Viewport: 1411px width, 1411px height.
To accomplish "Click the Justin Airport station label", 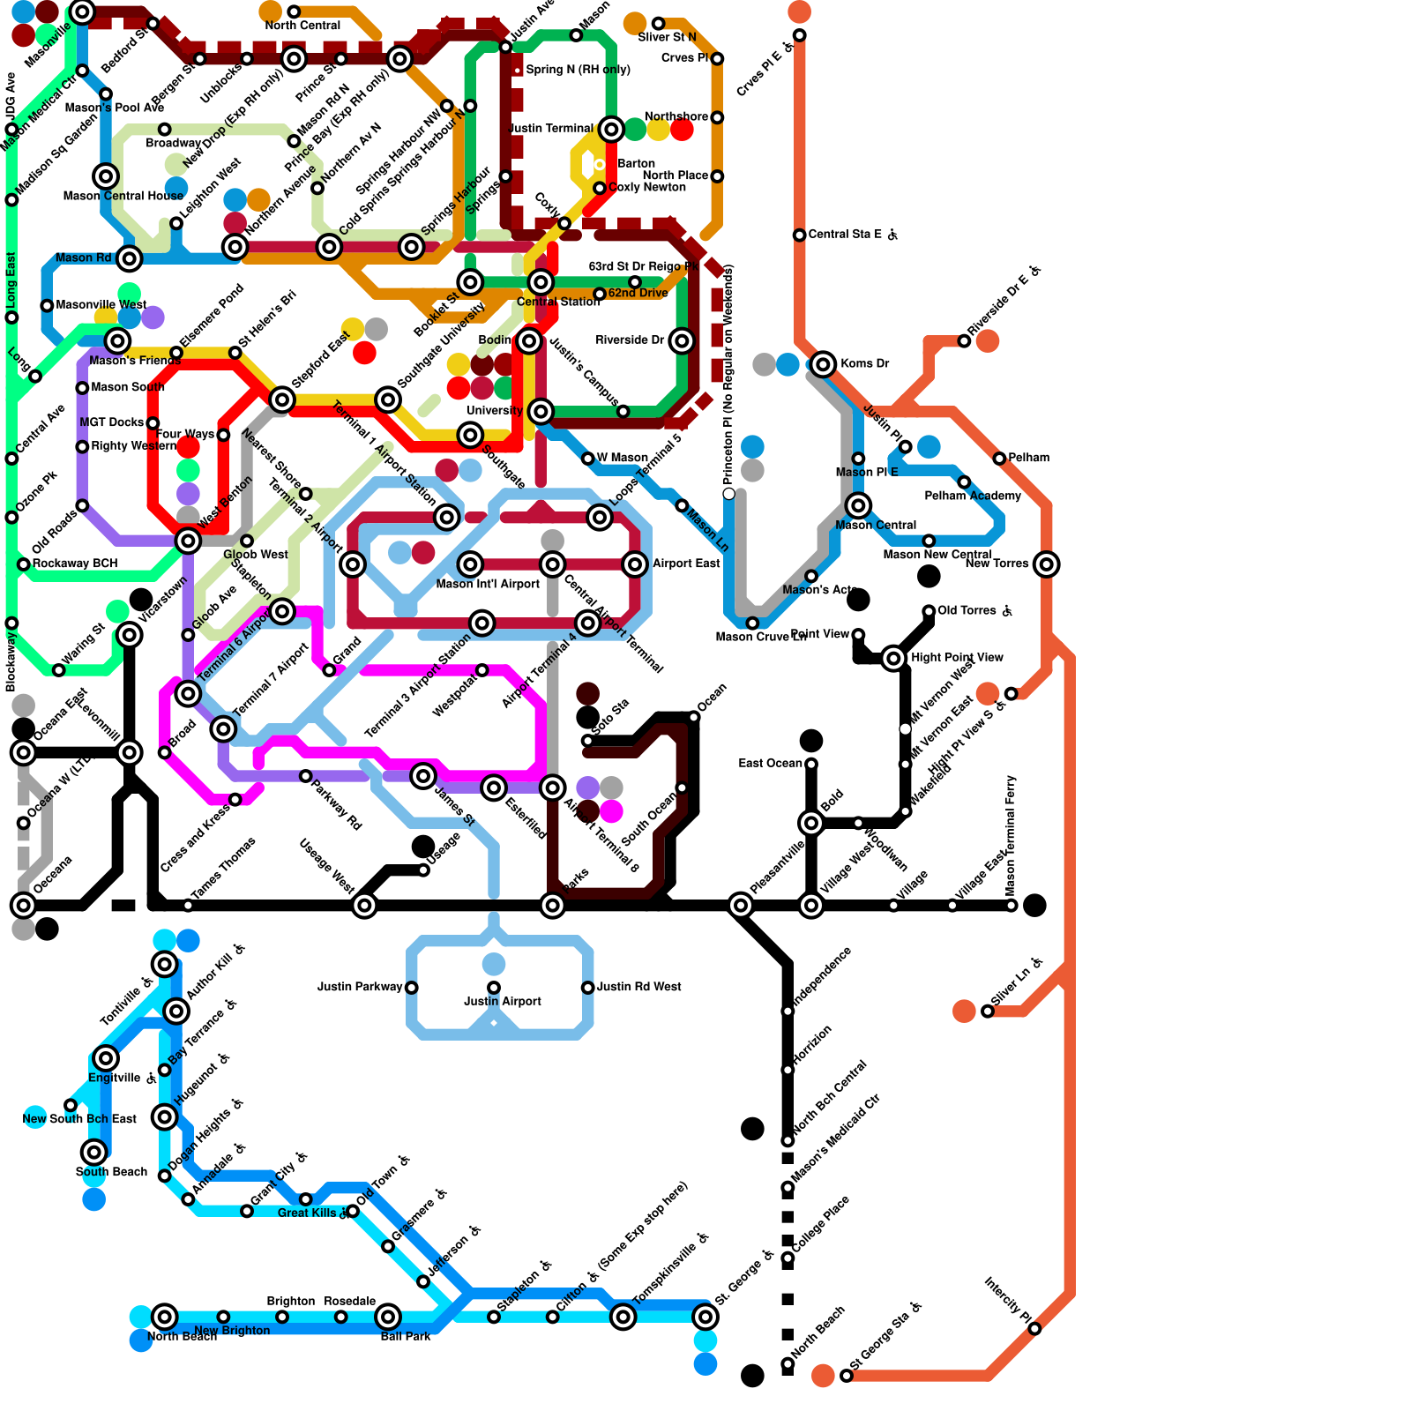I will click(x=503, y=1001).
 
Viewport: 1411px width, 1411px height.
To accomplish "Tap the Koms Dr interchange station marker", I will click(x=823, y=364).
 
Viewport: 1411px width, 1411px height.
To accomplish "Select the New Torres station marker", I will click(x=1046, y=564).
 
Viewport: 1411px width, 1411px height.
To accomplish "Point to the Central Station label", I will click(x=558, y=302).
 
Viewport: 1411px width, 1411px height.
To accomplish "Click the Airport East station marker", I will click(x=635, y=564).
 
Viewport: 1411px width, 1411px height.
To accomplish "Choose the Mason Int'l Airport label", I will click(x=488, y=584).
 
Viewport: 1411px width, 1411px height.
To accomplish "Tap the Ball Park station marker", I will click(x=388, y=1317).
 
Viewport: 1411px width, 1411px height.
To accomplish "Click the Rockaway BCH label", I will click(x=74, y=564).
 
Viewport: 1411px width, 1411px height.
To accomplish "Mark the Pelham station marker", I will click(x=999, y=459).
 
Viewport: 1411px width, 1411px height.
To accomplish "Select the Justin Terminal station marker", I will click(x=611, y=130).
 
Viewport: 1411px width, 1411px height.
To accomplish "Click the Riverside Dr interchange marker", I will click(x=682, y=341).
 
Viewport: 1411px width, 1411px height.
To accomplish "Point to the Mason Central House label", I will click(x=123, y=196).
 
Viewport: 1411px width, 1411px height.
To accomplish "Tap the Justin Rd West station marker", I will click(x=588, y=988).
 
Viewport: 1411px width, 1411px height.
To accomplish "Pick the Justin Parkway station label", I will click(x=360, y=987).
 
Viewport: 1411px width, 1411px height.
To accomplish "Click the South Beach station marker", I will click(x=94, y=1152).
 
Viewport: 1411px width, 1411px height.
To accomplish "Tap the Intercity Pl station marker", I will click(x=1034, y=1329).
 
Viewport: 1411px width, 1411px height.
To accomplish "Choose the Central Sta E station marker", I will click(x=799, y=235).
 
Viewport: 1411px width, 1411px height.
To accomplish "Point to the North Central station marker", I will click(x=294, y=12).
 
